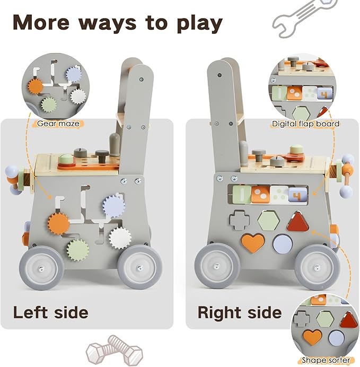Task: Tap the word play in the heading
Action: (x=199, y=24)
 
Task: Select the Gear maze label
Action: (x=58, y=124)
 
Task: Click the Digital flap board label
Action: (x=305, y=124)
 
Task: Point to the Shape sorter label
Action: (x=326, y=360)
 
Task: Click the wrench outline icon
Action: (x=304, y=18)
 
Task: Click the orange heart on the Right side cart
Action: (x=253, y=242)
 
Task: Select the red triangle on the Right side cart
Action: (x=298, y=222)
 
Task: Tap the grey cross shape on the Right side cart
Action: (x=240, y=220)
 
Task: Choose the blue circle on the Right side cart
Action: (x=283, y=243)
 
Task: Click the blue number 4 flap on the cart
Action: (x=297, y=195)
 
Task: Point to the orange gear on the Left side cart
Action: (x=59, y=223)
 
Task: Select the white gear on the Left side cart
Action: (x=120, y=238)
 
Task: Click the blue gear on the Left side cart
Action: (x=114, y=205)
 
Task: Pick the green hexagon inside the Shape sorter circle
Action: (x=325, y=319)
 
